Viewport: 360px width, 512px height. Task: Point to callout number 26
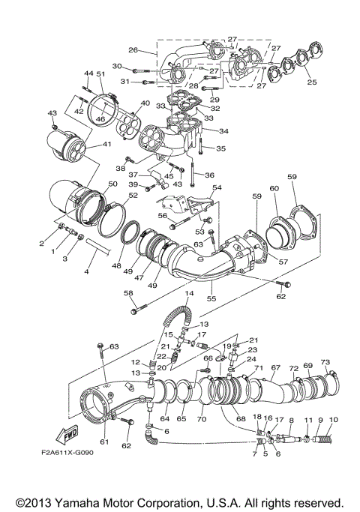tap(133, 50)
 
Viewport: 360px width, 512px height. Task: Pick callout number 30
tap(116, 66)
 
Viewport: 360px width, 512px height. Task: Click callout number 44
tap(87, 73)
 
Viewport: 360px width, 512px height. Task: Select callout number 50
tap(112, 184)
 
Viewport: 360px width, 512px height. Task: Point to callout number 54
tap(217, 187)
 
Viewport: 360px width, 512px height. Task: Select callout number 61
tap(104, 442)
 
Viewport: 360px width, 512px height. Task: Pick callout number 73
tap(325, 362)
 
